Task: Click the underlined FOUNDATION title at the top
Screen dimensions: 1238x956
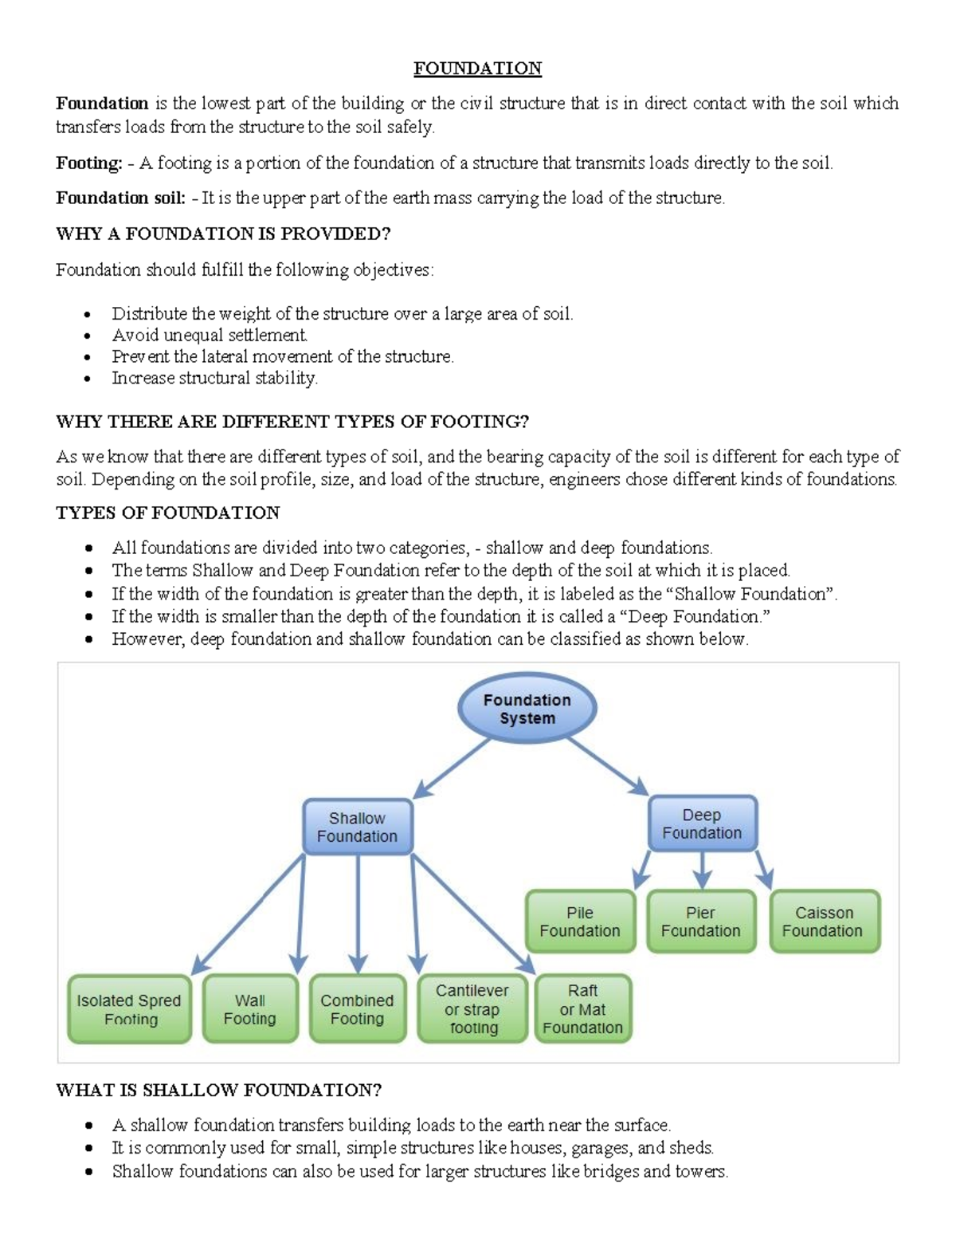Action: tap(477, 69)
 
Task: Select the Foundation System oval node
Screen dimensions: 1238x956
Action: tap(527, 709)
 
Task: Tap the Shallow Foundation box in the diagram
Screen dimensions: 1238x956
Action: tap(357, 827)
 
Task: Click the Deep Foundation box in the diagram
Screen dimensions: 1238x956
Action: tap(702, 823)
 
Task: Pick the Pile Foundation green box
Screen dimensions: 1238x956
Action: tap(580, 922)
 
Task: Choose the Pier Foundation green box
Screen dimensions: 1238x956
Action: tap(701, 922)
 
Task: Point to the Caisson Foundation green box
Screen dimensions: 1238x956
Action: tap(824, 922)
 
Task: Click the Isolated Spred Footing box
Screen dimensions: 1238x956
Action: tap(129, 1009)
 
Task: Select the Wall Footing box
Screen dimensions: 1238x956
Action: tap(250, 1009)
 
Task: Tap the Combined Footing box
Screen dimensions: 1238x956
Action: tap(357, 1009)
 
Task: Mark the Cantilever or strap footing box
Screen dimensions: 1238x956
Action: tap(472, 1009)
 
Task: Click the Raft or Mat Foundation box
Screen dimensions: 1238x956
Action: tap(583, 1009)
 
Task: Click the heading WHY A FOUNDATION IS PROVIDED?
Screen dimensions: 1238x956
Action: tap(223, 234)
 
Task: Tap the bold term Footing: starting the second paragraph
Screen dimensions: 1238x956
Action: tap(88, 163)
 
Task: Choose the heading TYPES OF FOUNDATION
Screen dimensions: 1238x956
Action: tap(167, 513)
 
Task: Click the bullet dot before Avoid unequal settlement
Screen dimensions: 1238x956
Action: tap(88, 336)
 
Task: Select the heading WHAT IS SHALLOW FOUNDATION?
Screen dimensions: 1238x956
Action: tap(218, 1090)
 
